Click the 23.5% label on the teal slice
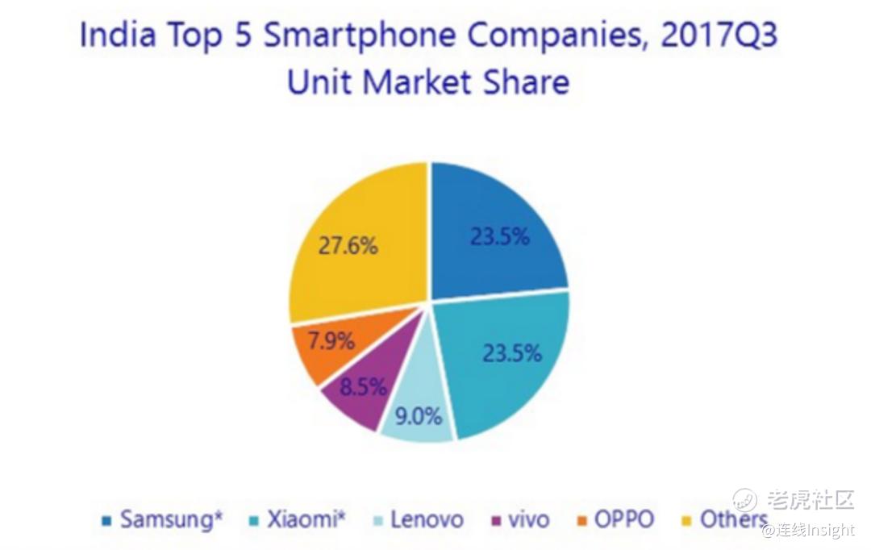click(x=511, y=353)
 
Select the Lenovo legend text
click(x=427, y=519)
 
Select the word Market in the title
click(x=419, y=82)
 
